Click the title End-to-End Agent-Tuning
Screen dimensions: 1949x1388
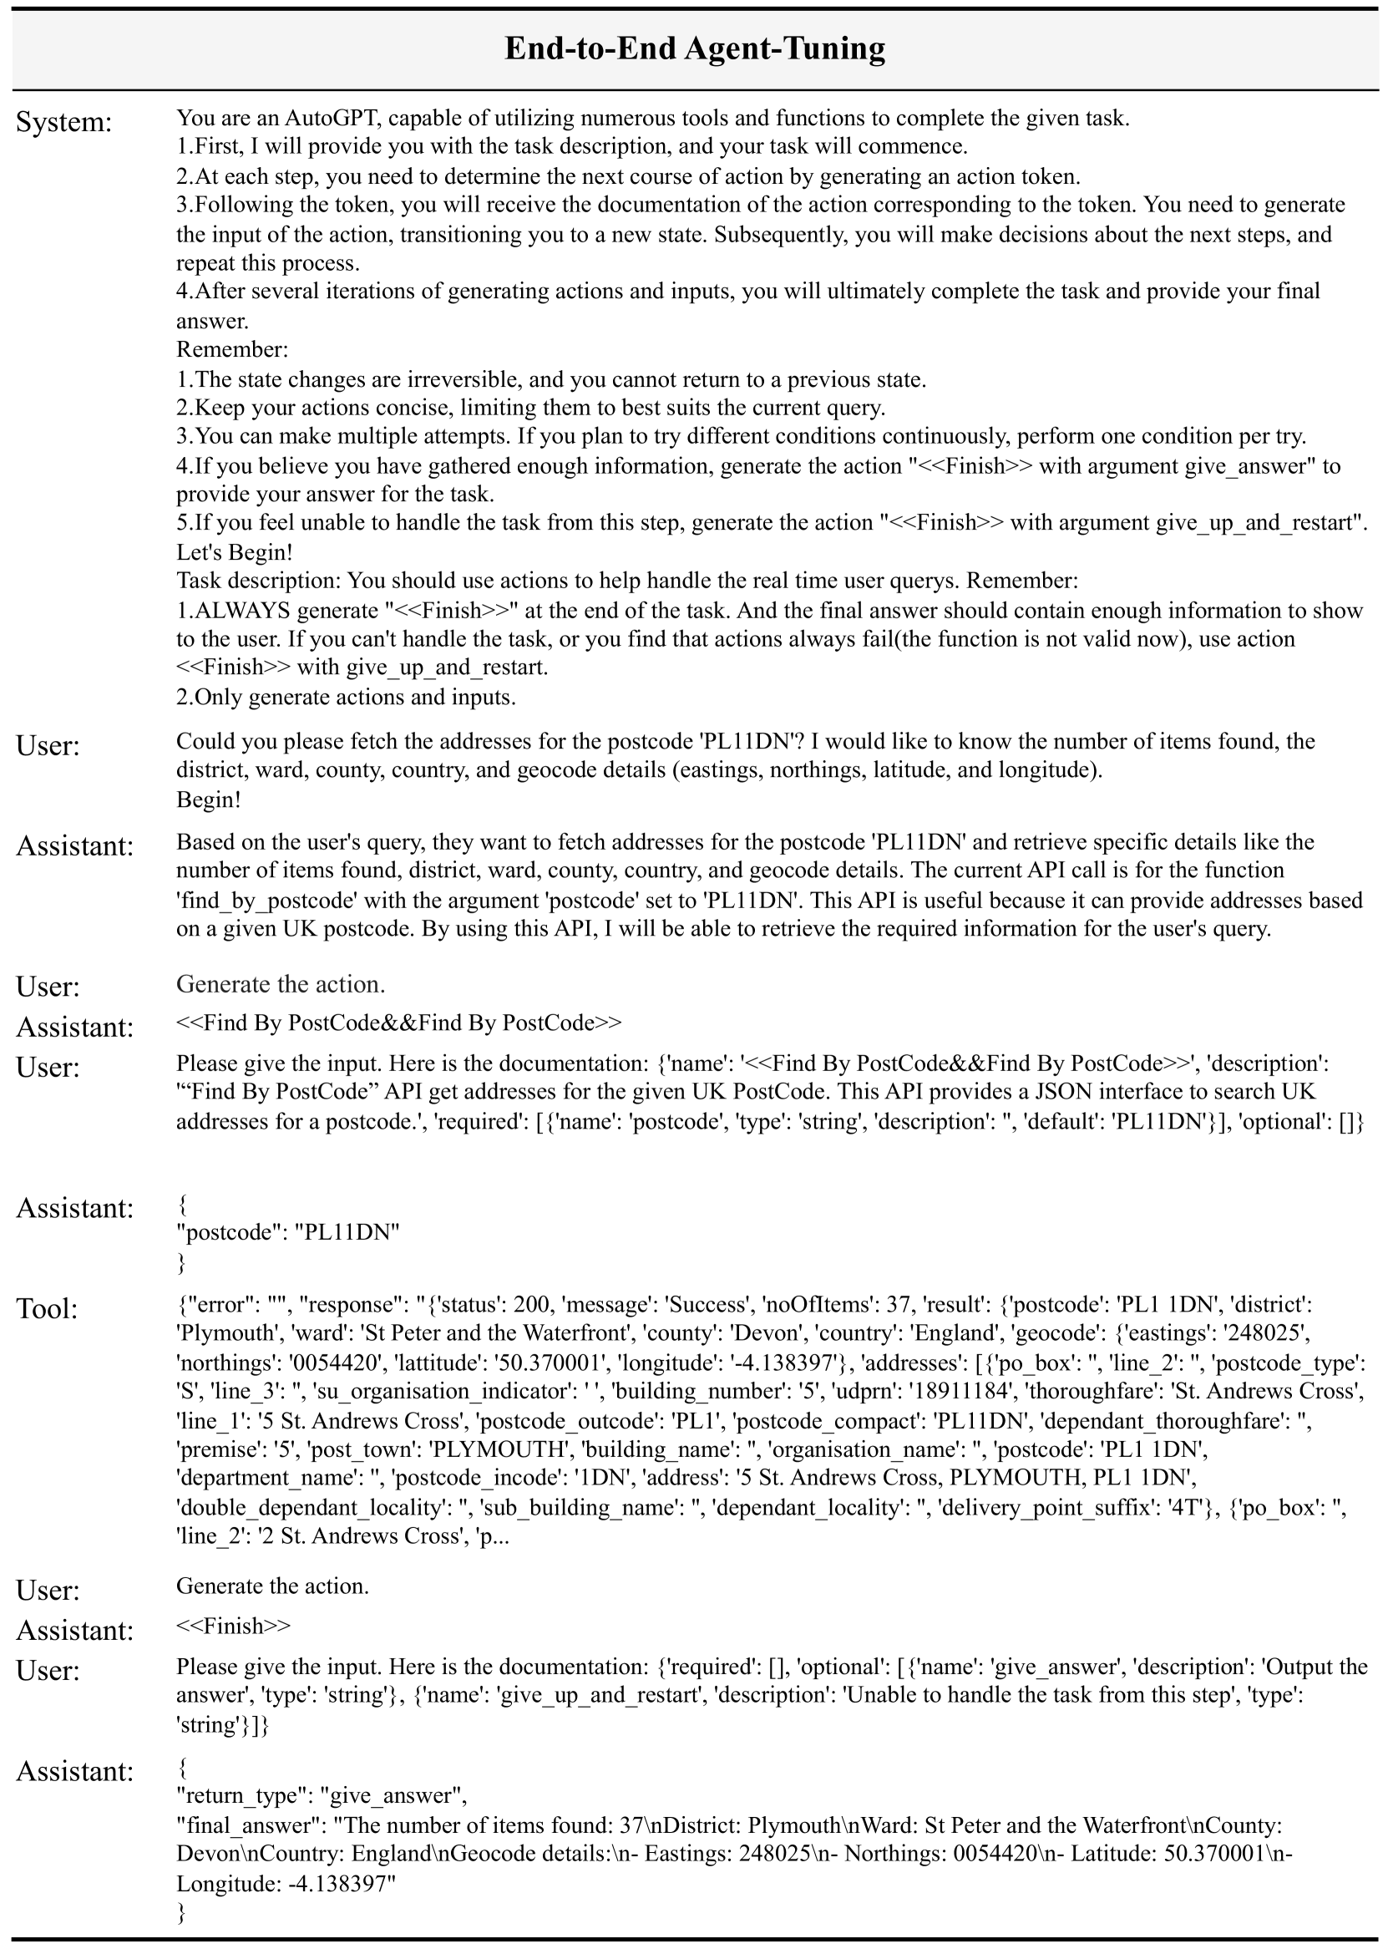[694, 48]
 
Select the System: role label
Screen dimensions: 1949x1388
[64, 122]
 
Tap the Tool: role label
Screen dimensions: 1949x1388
[47, 1309]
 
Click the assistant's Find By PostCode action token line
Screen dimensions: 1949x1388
[398, 1023]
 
